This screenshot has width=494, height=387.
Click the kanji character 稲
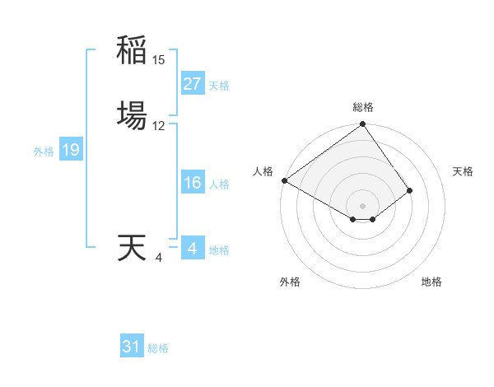tap(132, 50)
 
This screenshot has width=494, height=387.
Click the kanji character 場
tap(132, 115)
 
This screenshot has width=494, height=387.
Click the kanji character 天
tap(132, 248)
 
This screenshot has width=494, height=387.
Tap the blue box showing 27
tap(192, 84)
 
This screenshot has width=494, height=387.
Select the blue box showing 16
tap(192, 183)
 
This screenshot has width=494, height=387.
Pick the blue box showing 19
tap(70, 150)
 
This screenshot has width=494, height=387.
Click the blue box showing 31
tap(132, 347)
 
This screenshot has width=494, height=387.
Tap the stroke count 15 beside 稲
tap(159, 60)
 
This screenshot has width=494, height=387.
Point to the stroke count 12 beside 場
tap(159, 126)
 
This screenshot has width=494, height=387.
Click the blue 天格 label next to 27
tap(219, 86)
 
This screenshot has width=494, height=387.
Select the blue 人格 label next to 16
tap(219, 184)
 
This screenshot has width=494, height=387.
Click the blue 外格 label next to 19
tap(44, 152)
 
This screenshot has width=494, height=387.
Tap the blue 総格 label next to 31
tap(158, 348)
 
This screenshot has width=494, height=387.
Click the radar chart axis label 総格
tap(363, 107)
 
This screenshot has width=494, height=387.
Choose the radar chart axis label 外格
tap(290, 282)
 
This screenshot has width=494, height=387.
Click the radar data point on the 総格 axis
tap(362, 125)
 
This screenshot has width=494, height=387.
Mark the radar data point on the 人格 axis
tap(284, 180)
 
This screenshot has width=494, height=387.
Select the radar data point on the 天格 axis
tap(409, 190)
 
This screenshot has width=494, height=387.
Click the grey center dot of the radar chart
tap(362, 205)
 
